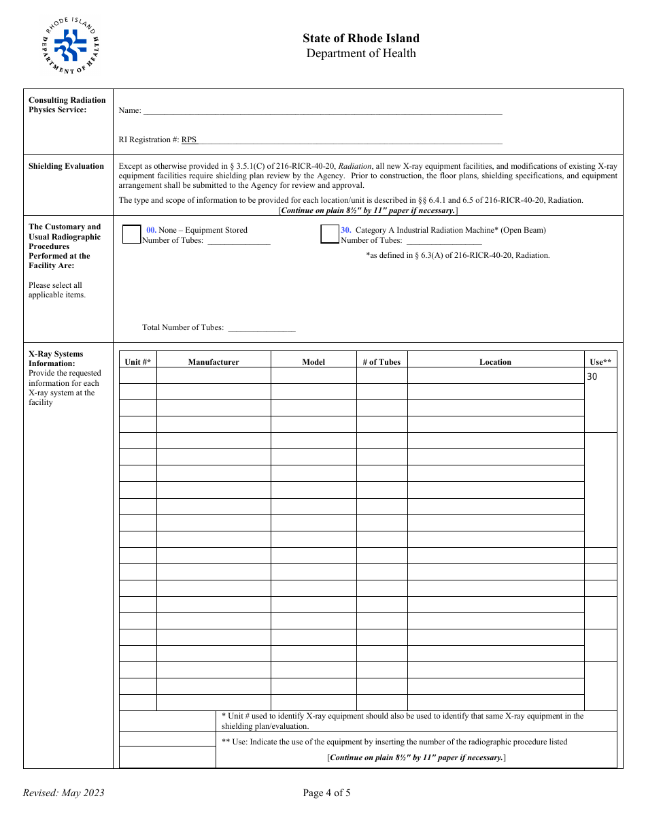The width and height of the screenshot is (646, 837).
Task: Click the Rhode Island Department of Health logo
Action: [71, 46]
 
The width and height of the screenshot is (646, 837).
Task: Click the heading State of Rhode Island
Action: [361, 38]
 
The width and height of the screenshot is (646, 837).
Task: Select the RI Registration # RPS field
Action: [347, 139]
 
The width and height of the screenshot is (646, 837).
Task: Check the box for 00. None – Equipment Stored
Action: [131, 234]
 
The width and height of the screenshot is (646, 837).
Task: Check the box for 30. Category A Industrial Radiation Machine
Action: [330, 234]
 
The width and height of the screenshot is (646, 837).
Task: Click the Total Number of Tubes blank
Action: [261, 327]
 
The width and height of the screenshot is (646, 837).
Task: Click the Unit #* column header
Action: [138, 362]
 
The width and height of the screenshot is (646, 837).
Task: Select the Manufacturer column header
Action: [214, 362]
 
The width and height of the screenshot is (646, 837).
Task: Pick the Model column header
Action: [313, 362]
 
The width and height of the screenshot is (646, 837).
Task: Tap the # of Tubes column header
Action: [381, 362]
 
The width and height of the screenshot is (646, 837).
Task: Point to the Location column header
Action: [495, 362]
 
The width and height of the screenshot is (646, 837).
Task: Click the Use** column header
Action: [600, 362]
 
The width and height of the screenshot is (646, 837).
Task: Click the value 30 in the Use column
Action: [592, 376]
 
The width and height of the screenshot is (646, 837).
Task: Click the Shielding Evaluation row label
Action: [66, 166]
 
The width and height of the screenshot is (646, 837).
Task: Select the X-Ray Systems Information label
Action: [56, 359]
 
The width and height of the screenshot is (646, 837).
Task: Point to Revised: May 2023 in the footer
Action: [64, 793]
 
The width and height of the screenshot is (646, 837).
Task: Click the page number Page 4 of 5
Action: [326, 793]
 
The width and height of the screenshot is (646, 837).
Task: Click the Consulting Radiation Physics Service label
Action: [67, 105]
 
